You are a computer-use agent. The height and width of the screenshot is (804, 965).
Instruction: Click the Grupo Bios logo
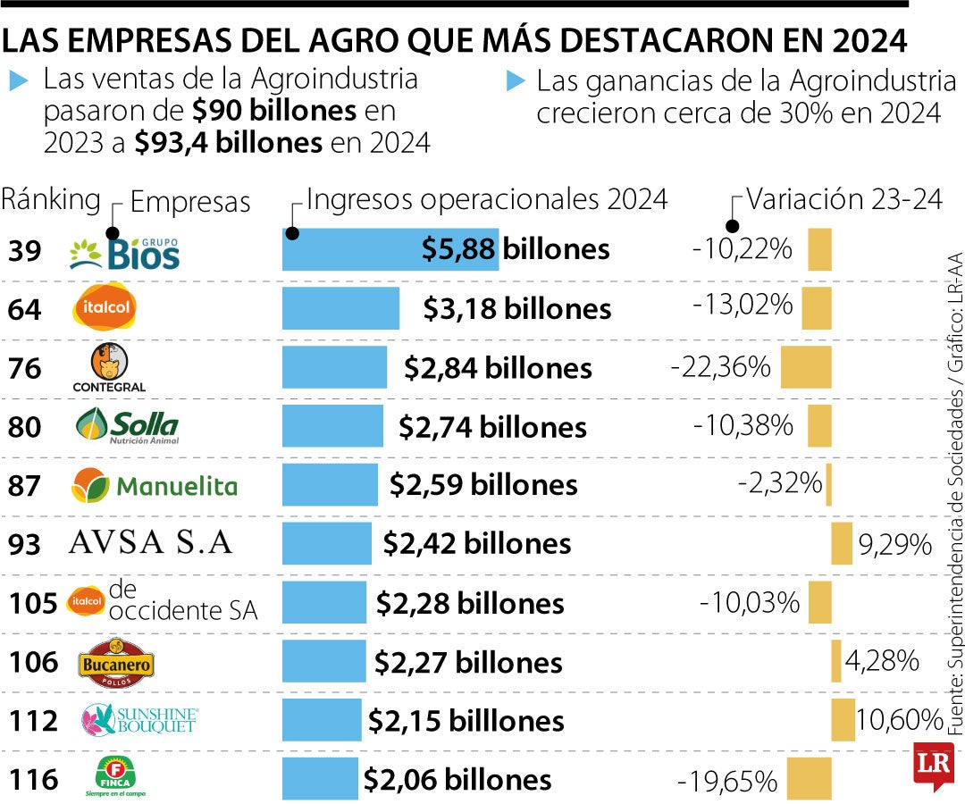click(x=125, y=250)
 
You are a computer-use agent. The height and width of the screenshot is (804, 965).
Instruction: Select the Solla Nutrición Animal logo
click(x=127, y=426)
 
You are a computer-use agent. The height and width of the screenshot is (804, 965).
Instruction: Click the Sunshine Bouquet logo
click(x=138, y=719)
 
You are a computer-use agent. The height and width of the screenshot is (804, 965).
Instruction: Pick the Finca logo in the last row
click(x=113, y=776)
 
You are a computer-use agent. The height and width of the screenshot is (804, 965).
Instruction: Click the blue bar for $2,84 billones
click(x=334, y=367)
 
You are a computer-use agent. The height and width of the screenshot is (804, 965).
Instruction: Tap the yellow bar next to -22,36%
click(x=806, y=367)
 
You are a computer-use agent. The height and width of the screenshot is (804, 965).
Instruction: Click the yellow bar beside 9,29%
click(x=842, y=544)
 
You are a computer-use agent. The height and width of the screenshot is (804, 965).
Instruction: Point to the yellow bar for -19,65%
click(x=809, y=778)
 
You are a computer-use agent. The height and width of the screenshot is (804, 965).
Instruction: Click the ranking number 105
click(x=33, y=603)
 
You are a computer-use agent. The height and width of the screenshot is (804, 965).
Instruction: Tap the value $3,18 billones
click(x=517, y=309)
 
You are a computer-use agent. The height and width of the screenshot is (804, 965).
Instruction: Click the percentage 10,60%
click(x=900, y=719)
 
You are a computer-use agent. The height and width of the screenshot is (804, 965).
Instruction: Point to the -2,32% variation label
click(x=779, y=484)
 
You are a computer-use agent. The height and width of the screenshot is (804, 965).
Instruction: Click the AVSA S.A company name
click(x=150, y=543)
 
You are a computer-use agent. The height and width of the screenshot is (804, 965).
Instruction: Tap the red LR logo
click(x=934, y=765)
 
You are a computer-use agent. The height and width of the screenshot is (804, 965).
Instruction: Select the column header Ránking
click(x=51, y=200)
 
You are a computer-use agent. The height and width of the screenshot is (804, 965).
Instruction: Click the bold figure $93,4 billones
click(x=228, y=143)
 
